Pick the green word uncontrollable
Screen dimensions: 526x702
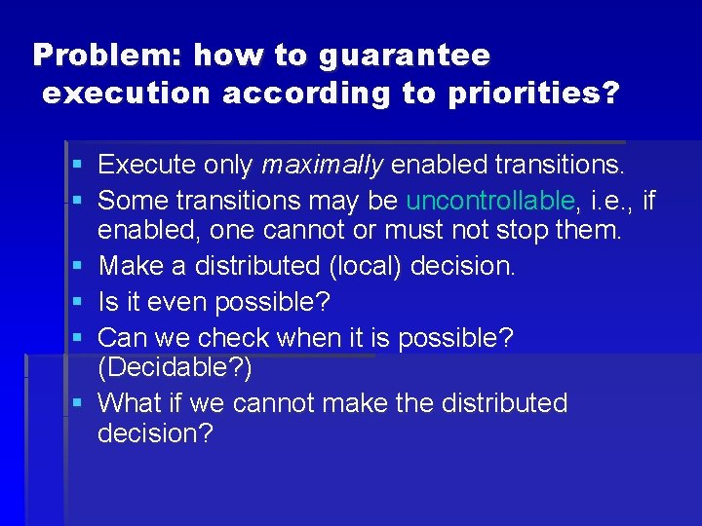(x=490, y=201)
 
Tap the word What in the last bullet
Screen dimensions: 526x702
(x=132, y=402)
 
